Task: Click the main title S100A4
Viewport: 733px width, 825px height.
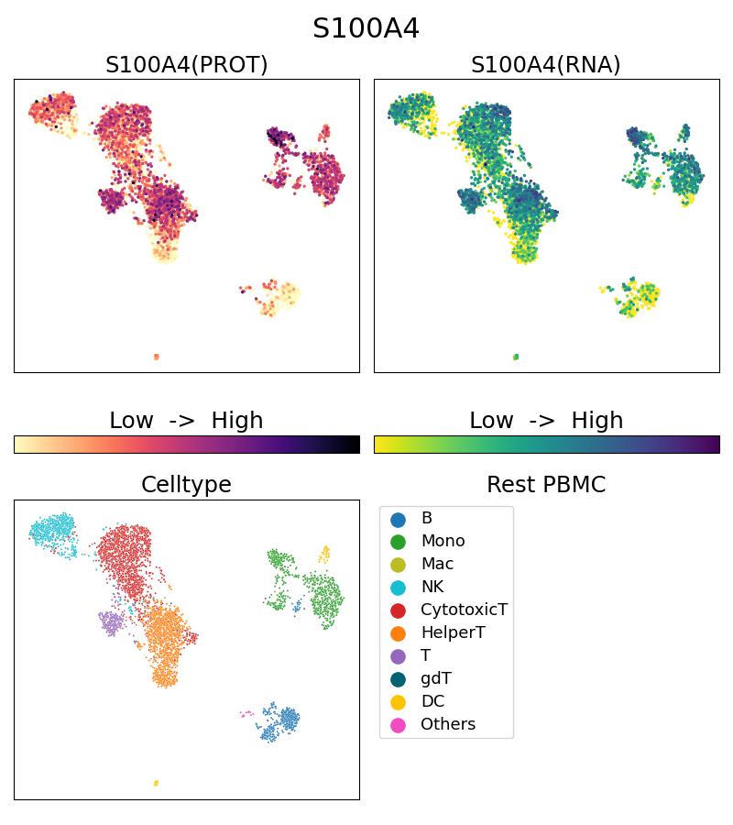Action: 366,28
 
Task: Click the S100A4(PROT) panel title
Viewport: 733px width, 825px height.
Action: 186,65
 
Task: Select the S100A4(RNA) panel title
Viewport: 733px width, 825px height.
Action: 546,65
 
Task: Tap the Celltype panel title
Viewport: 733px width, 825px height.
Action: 186,485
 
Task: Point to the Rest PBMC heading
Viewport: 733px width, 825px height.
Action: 546,485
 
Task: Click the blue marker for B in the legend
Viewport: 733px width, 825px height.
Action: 398,519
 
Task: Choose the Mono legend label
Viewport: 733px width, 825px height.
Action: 443,541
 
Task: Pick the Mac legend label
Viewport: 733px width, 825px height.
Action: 437,564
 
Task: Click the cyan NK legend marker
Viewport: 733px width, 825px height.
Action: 398,587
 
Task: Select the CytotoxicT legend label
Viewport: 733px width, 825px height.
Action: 464,610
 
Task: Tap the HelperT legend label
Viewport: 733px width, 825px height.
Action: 453,632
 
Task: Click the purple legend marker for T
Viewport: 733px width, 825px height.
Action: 398,655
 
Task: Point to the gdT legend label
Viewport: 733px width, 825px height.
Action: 436,678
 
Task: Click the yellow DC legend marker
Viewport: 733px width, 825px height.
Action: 398,701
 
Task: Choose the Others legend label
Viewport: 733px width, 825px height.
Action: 448,724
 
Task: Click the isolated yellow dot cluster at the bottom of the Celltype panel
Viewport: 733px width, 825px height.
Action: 156,783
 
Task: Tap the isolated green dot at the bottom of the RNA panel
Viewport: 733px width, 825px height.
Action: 516,357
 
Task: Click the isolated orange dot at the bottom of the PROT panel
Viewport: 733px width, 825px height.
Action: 156,357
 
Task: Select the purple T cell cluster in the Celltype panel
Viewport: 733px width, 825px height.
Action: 111,622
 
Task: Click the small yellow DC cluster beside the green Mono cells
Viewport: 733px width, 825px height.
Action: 324,553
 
